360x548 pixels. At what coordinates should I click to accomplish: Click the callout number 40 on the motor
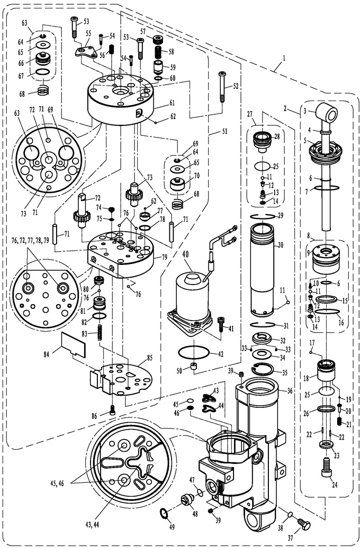[186, 254]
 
